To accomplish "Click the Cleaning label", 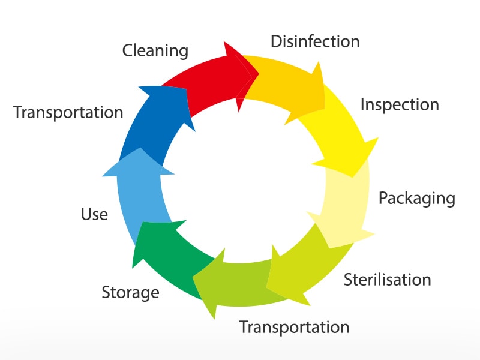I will (155, 50).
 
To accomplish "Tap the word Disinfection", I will (315, 41).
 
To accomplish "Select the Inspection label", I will (399, 104).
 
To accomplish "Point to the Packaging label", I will (416, 198).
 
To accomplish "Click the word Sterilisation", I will (387, 280).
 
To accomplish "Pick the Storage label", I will (130, 293).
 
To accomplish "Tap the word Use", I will (94, 214).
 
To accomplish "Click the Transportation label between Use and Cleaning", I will (68, 112).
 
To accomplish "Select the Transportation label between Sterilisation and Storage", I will (294, 327).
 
